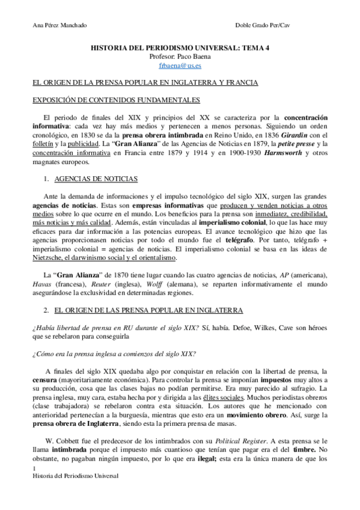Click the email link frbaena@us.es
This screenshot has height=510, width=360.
[180, 66]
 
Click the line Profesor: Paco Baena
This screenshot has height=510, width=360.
[180, 57]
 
